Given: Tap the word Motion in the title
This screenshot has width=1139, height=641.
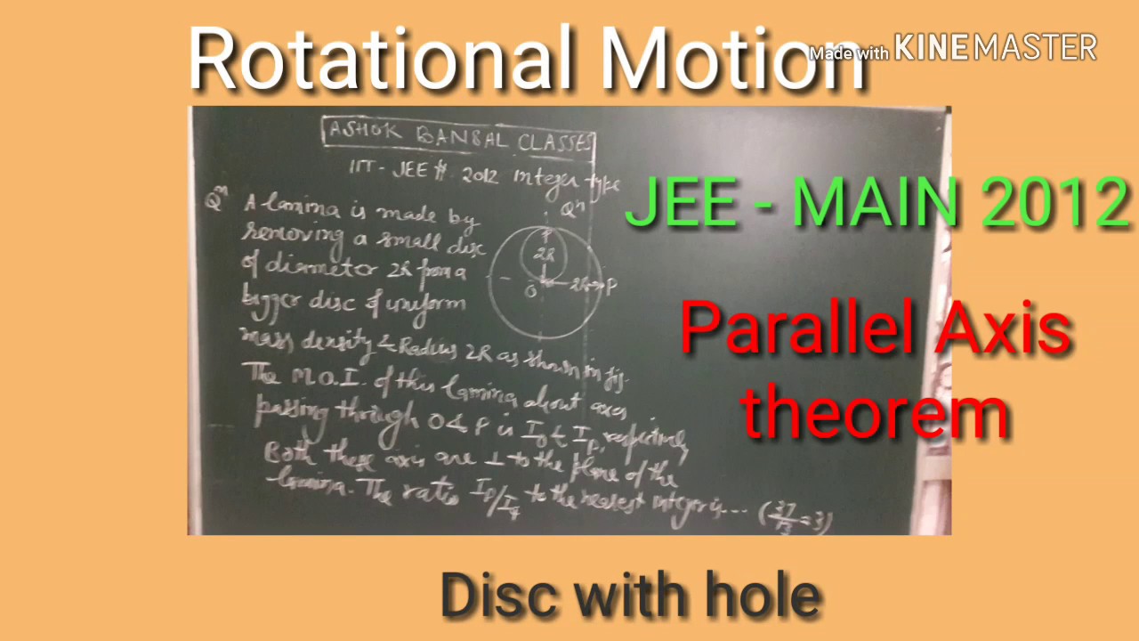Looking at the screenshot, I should [731, 58].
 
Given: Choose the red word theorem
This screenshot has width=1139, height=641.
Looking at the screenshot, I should [875, 411].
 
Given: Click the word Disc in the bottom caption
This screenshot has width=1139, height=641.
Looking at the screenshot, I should [499, 596].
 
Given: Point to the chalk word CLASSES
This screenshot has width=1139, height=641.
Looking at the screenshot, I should [554, 142].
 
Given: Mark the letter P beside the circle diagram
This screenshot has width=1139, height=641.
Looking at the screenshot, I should [612, 285].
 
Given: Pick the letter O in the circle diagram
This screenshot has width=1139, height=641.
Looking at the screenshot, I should [530, 290].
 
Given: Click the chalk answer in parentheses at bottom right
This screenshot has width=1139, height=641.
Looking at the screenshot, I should [795, 516].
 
